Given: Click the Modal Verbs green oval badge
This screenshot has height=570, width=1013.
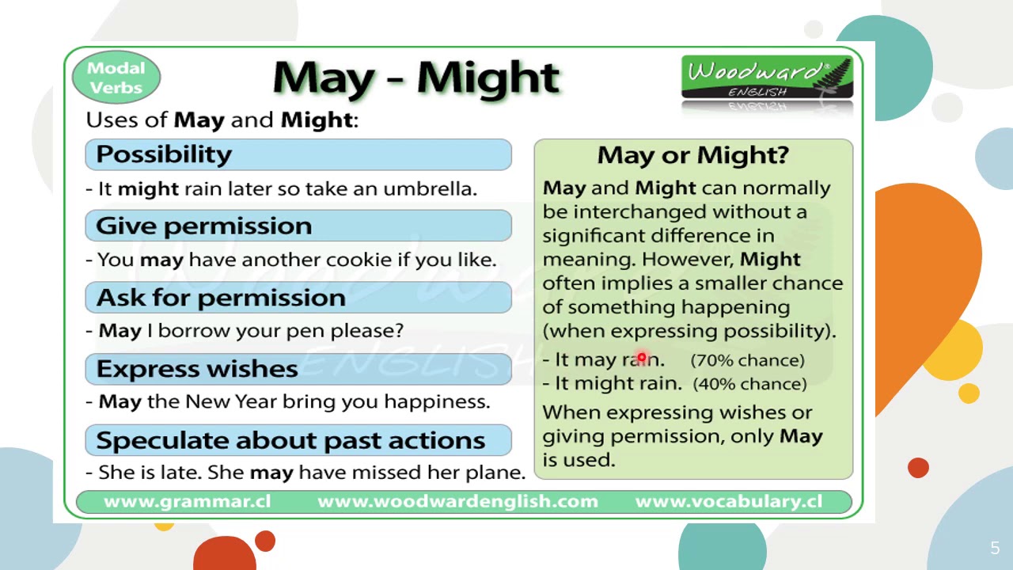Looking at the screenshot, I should [x=116, y=78].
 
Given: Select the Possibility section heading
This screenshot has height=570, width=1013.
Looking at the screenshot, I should [x=164, y=154].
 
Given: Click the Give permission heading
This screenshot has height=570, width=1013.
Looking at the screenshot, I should [x=204, y=226].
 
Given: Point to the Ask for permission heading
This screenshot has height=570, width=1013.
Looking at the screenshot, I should [x=221, y=298].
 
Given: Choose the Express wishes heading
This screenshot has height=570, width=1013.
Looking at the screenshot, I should [x=197, y=369].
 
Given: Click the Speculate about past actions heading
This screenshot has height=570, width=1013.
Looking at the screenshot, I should [x=290, y=440].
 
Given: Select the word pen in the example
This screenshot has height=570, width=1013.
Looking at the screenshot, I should [x=305, y=331].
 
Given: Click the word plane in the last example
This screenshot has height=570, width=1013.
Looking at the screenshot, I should [x=499, y=473].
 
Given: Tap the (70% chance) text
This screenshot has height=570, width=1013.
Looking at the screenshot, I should [x=747, y=360].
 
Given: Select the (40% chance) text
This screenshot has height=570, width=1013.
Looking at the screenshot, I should [x=749, y=384].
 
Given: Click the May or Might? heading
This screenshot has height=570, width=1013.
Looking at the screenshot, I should [x=692, y=155].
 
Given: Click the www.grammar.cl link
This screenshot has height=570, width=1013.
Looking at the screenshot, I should [x=187, y=502].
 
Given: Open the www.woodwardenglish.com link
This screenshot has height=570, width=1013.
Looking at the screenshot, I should [x=457, y=502].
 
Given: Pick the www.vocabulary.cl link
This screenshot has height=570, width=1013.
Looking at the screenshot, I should [x=728, y=502].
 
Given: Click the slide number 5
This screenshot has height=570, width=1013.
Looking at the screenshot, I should [x=995, y=548].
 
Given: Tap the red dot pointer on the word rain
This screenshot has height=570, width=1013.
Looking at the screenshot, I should [x=642, y=359].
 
